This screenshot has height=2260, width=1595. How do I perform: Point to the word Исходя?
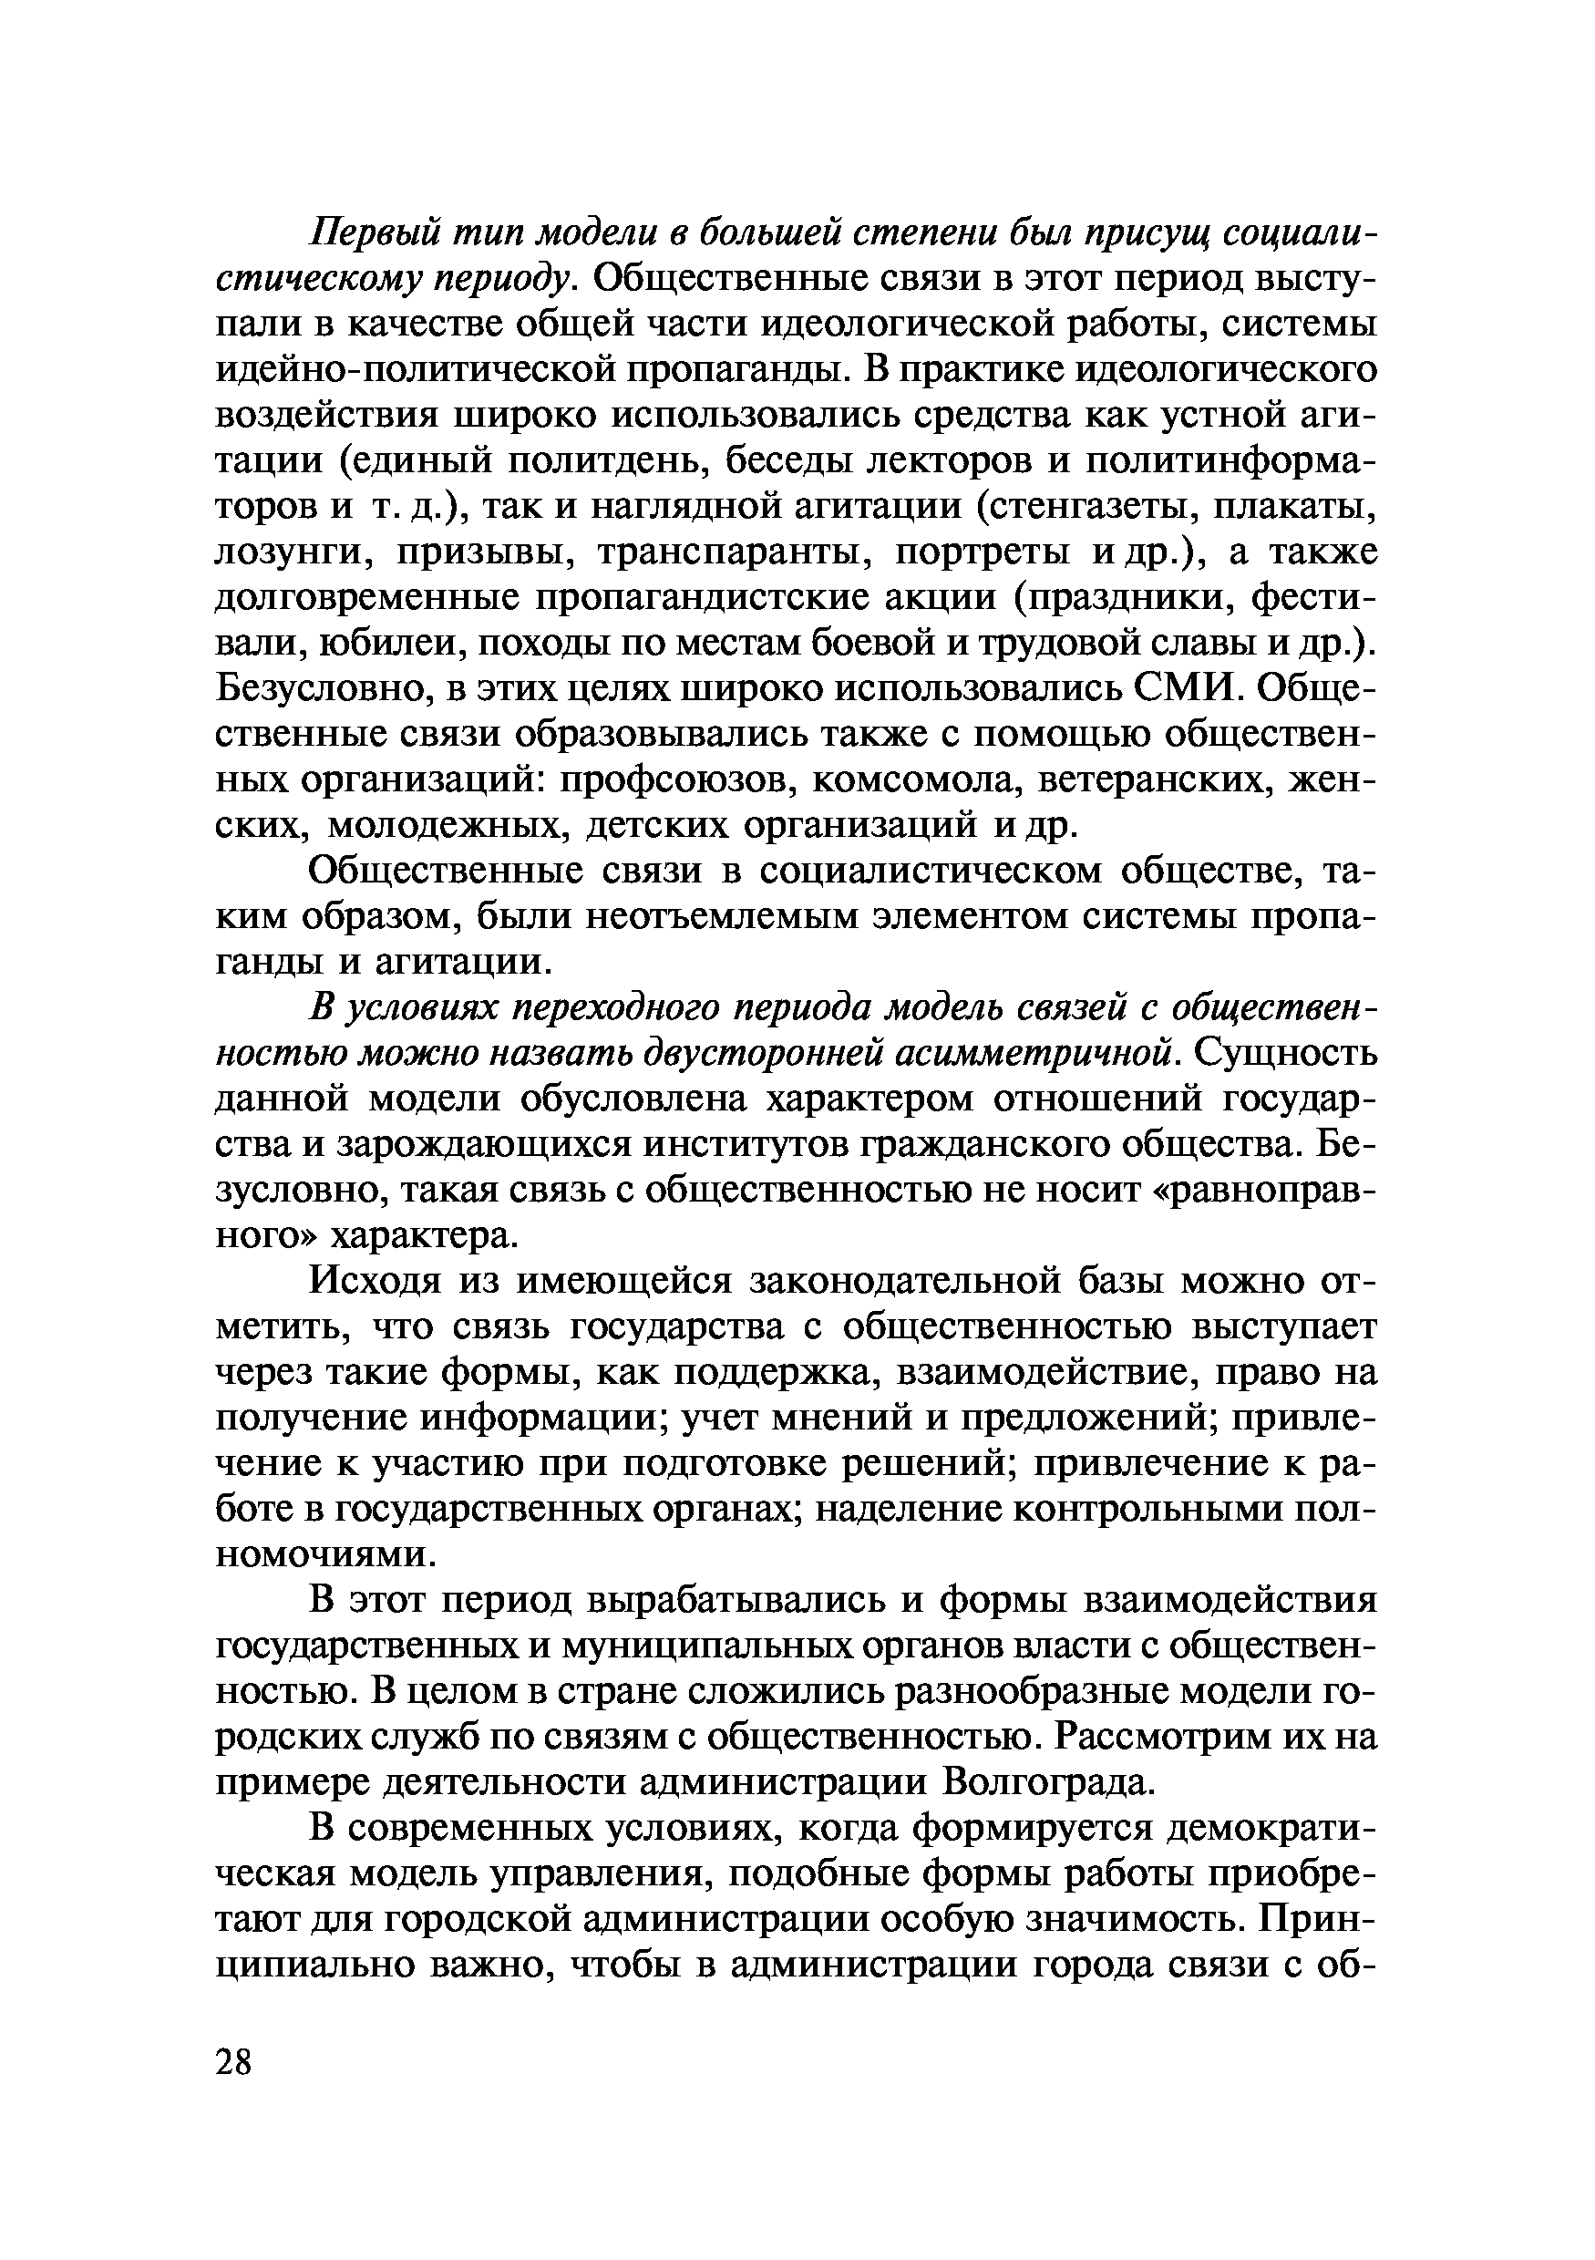click(x=371, y=1281)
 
